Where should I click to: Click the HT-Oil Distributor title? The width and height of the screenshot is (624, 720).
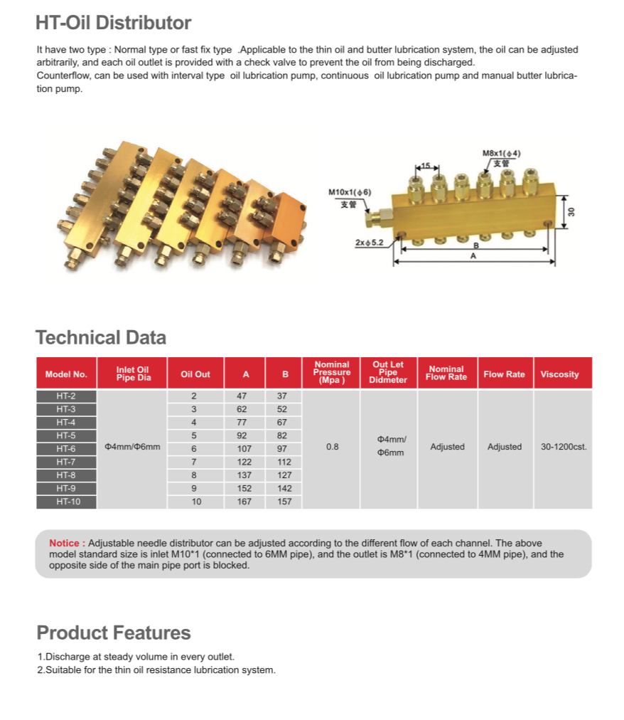(x=114, y=23)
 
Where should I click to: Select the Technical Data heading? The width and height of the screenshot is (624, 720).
(x=101, y=337)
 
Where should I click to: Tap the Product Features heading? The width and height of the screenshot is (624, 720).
(x=114, y=632)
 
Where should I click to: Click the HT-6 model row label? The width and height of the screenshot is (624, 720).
(x=66, y=448)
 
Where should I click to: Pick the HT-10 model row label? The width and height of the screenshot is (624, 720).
(x=66, y=502)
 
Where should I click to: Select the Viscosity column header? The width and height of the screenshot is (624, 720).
(x=559, y=374)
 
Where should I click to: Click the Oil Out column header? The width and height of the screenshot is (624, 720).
(x=195, y=374)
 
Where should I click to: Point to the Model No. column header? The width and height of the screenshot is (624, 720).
(x=66, y=374)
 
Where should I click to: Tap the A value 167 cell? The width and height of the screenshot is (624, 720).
(x=245, y=502)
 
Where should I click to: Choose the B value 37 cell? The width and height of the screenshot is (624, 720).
(x=284, y=396)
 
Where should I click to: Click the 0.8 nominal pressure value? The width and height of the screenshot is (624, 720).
(x=332, y=447)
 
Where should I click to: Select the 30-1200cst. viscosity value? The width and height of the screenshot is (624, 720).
(x=564, y=447)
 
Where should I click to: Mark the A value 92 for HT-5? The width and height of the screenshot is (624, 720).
(x=245, y=435)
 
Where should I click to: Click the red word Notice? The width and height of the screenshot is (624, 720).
(x=67, y=544)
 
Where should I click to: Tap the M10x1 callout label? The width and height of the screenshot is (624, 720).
(x=349, y=192)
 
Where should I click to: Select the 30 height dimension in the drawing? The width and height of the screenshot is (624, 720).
(x=571, y=212)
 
